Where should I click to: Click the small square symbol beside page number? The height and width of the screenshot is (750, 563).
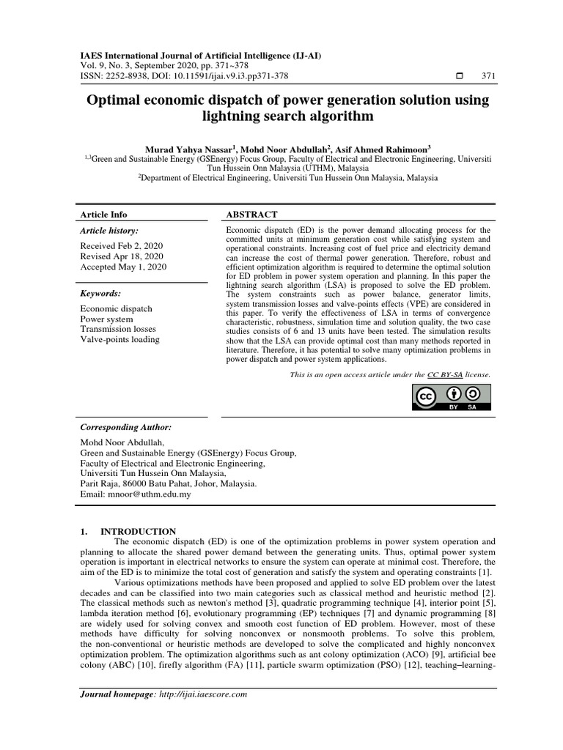(460, 76)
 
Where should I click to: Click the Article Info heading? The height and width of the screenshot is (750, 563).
(103, 215)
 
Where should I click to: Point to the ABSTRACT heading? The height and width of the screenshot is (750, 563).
(251, 215)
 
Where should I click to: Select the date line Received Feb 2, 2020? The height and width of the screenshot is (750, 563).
(122, 246)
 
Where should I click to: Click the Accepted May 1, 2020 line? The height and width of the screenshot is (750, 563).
(123, 267)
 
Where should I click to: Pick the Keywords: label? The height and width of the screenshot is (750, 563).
(100, 294)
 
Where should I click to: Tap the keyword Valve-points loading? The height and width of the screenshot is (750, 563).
(119, 339)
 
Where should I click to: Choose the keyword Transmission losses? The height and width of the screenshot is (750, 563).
(119, 329)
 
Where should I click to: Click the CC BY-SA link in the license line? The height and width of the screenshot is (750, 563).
(445, 374)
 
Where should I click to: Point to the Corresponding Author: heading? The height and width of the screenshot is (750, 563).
(125, 427)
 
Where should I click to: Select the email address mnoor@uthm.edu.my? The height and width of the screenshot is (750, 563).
(159, 494)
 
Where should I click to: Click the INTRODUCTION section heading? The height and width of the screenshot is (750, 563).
(138, 531)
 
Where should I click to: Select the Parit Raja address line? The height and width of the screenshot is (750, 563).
(168, 484)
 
